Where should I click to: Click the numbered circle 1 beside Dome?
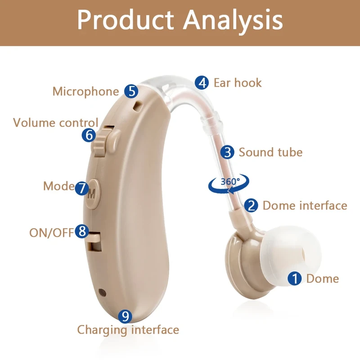[295, 279]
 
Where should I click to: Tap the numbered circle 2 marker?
[251, 206]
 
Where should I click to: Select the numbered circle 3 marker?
[228, 152]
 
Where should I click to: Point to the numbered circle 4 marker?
[202, 83]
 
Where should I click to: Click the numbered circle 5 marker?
[131, 91]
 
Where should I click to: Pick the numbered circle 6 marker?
[89, 135]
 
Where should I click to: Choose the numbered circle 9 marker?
[126, 316]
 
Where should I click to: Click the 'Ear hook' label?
[237, 83]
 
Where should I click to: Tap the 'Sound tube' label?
[270, 152]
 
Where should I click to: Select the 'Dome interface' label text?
[305, 206]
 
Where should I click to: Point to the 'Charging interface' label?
[128, 330]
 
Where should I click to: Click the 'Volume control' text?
[55, 122]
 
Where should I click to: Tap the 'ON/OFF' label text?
[51, 232]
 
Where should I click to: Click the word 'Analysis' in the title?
[233, 20]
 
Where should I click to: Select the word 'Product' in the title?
[125, 20]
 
